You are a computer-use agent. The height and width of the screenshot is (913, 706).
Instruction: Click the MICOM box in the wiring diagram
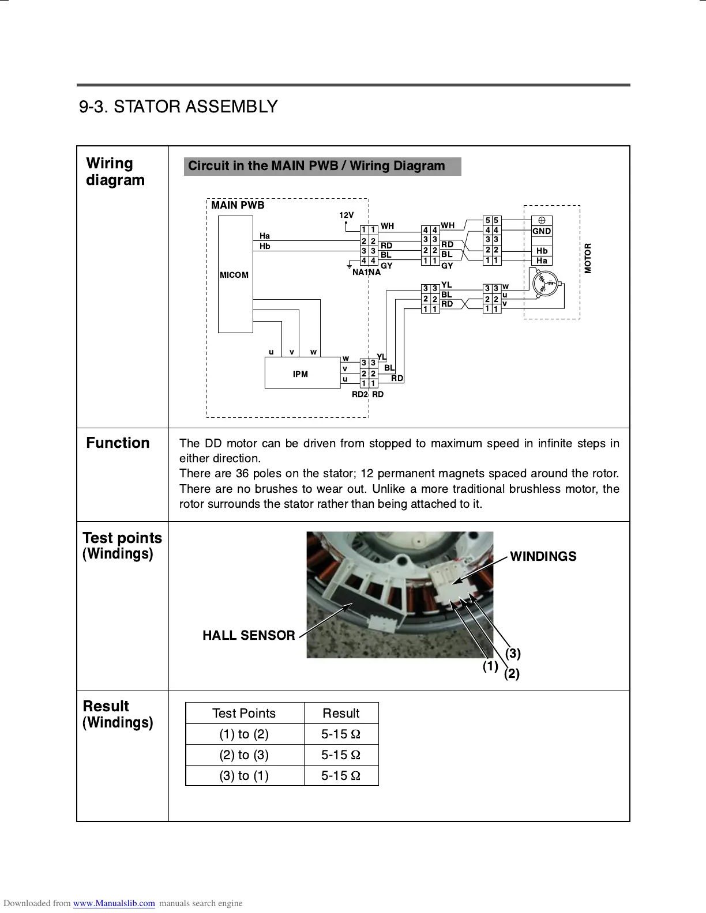click(x=235, y=274)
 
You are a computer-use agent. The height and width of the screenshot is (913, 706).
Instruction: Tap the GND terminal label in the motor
click(x=542, y=231)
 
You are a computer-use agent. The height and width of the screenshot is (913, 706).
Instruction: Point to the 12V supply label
click(x=346, y=215)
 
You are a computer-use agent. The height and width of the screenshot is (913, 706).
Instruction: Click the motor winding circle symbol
click(x=544, y=286)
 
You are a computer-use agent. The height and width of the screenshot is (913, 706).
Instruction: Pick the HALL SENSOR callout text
click(x=249, y=635)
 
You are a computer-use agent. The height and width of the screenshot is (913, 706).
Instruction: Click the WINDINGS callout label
click(x=543, y=556)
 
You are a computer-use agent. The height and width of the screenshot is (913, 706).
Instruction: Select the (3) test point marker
click(x=513, y=653)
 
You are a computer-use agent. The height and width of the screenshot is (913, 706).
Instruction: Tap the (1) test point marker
click(x=490, y=666)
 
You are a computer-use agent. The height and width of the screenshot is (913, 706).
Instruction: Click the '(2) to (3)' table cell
click(x=244, y=754)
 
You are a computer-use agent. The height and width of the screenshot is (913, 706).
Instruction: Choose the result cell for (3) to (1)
click(x=341, y=775)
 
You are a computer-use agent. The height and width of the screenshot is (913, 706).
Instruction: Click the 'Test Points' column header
click(x=244, y=713)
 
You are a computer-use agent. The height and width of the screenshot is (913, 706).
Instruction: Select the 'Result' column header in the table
click(x=341, y=713)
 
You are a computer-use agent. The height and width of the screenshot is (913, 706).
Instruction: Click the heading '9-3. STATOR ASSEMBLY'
click(x=178, y=107)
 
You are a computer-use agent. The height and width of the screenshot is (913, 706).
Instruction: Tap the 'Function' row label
click(x=118, y=443)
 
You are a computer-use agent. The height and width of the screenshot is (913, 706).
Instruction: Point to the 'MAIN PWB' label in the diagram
click(x=238, y=205)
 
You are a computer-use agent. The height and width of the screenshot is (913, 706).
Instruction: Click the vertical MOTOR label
click(x=588, y=258)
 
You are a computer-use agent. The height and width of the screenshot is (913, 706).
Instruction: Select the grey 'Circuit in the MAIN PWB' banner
click(x=322, y=166)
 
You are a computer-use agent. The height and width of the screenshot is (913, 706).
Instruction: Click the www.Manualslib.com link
click(x=114, y=903)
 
